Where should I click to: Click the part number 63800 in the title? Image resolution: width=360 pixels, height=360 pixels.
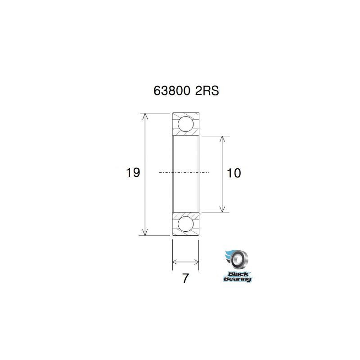(172, 91)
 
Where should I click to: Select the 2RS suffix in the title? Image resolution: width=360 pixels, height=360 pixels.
(207, 91)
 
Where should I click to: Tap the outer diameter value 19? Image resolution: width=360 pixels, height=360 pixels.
(133, 172)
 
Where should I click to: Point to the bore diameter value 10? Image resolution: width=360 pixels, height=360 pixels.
(234, 172)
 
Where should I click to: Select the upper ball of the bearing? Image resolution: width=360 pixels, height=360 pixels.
(185, 123)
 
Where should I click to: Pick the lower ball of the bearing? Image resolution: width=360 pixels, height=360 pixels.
(185, 224)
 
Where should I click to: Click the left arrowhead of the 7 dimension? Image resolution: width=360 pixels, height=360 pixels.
(175, 261)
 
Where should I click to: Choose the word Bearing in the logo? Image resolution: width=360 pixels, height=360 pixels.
(238, 279)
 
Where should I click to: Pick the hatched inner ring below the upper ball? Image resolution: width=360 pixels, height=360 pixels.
(185, 133)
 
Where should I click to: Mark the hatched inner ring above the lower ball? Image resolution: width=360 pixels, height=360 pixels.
(185, 214)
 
